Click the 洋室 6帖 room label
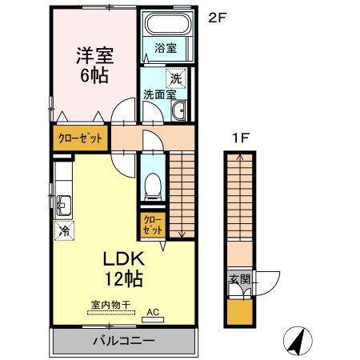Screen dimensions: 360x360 click(94, 65)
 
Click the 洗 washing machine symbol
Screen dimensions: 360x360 click(176, 78)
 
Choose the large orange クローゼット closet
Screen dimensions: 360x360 click(80, 138)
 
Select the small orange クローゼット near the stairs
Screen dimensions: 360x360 click(153, 224)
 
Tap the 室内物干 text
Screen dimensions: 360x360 click(110, 304)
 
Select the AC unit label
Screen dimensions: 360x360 click(151, 312)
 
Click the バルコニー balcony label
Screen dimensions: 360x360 click(124, 342)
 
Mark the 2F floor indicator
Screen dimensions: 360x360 click(216, 17)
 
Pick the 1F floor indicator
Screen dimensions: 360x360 click(238, 138)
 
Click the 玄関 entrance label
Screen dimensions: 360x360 click(239, 280)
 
